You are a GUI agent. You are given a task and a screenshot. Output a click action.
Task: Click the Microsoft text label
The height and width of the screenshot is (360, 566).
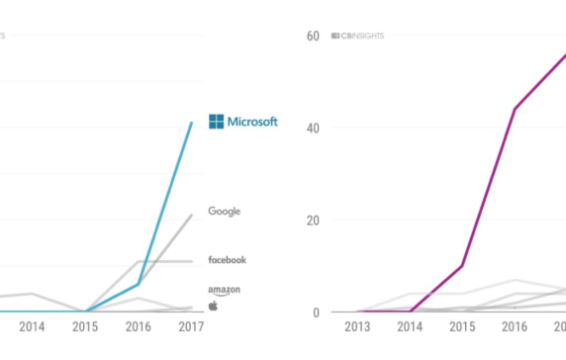pos(253,122)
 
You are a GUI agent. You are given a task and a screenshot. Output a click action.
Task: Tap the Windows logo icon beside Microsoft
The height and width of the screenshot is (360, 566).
pos(217,122)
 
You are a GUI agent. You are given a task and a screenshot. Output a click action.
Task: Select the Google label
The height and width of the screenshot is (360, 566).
pos(225,211)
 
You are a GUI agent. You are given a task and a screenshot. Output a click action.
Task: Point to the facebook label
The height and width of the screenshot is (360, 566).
pos(227,260)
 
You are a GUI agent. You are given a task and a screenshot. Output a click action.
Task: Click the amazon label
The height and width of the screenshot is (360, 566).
pos(224,290)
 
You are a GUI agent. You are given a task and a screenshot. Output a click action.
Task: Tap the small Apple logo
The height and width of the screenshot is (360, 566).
pos(213,306)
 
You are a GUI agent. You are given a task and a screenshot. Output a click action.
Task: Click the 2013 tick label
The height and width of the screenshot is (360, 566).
pos(358,327)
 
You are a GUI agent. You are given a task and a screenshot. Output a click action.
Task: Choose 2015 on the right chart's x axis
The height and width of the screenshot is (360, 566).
pos(462,327)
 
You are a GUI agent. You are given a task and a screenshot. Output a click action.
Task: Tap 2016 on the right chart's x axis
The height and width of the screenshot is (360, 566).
pos(514,327)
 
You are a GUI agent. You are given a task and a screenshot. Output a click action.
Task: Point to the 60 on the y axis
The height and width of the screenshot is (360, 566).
pos(312,37)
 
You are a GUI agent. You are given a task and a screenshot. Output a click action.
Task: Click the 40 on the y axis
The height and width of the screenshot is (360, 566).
pos(312,129)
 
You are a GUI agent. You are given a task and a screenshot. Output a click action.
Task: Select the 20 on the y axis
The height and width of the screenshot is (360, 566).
pos(312,221)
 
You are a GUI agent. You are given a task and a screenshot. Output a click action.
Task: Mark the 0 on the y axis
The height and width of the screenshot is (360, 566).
pos(315,313)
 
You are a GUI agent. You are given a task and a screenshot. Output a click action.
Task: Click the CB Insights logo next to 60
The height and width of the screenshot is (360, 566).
pos(357,37)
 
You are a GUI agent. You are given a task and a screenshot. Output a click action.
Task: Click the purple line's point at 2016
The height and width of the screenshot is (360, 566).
pos(514,109)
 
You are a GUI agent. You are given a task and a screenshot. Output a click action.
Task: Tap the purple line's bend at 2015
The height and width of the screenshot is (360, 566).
pos(462,266)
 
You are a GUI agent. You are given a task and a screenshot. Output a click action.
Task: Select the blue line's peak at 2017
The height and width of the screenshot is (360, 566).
pos(192,123)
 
